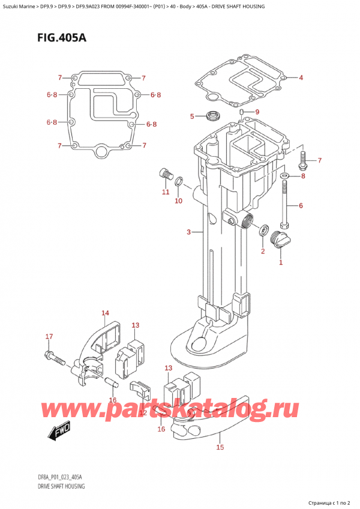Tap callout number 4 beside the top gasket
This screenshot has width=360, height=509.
pos(301,77)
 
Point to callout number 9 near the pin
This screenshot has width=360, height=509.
pos(257,112)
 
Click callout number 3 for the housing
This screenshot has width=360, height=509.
pos(188,232)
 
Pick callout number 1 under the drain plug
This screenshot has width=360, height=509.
pos(281,262)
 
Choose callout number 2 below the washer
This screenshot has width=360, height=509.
pos(263,251)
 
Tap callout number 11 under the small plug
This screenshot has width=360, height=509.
pos(165,192)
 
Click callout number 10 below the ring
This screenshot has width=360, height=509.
pos(178,201)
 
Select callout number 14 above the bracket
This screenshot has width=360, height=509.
pos(106,313)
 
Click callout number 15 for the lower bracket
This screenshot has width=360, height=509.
pos(220,447)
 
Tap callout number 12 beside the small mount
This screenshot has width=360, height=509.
pos(143,413)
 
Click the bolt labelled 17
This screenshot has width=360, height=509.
pos(53,358)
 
